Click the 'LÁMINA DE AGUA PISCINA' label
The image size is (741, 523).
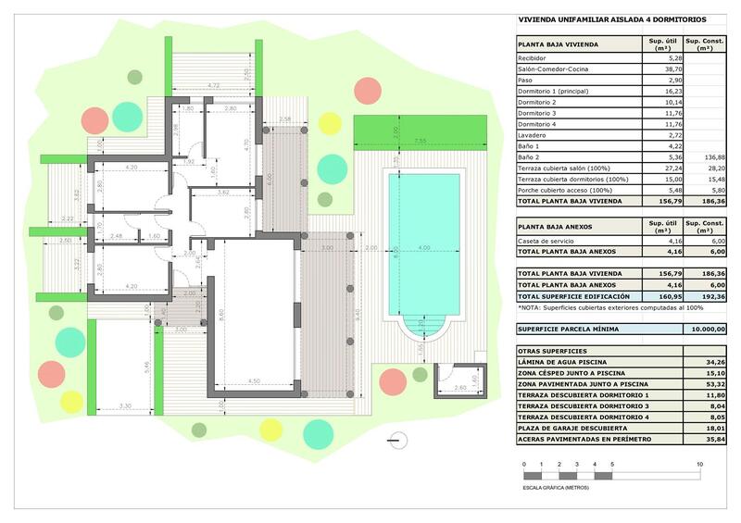pos(564,362)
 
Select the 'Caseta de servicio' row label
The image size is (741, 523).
pos(546,241)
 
